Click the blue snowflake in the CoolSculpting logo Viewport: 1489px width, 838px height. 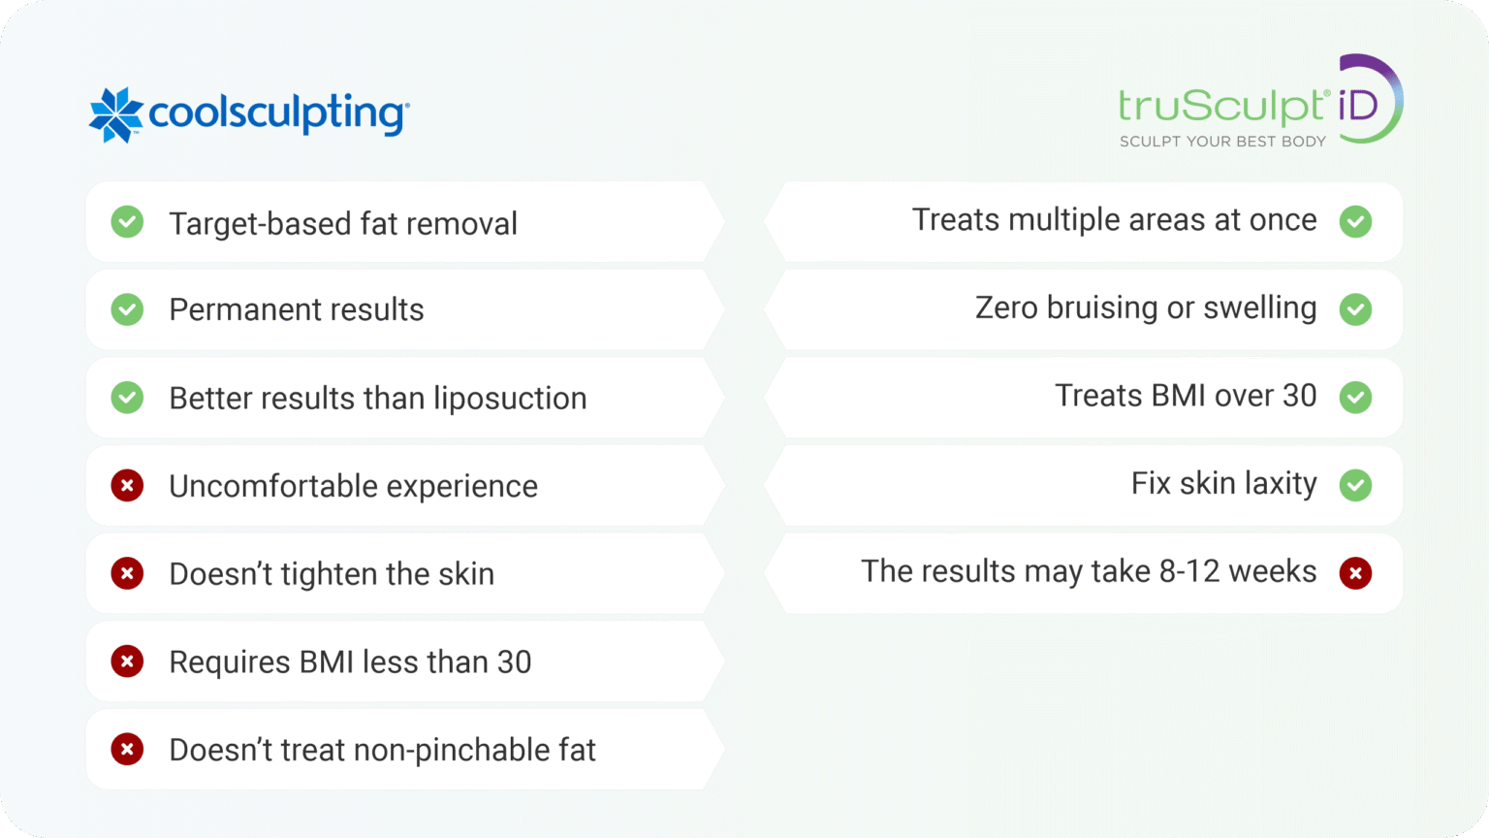click(116, 114)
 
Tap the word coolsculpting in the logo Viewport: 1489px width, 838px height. click(277, 114)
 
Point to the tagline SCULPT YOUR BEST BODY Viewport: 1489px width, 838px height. click(1222, 142)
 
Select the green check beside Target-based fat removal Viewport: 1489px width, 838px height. click(127, 222)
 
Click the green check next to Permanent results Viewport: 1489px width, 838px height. click(127, 310)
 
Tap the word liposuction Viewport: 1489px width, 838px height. click(510, 399)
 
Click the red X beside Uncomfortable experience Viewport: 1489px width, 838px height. click(127, 485)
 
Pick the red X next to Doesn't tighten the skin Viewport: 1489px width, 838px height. click(127, 573)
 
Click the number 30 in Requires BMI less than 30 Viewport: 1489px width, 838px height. click(514, 662)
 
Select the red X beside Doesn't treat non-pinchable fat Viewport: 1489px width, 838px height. click(127, 749)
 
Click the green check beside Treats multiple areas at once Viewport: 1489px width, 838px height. click(1355, 222)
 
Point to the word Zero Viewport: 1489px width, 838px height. click(1006, 308)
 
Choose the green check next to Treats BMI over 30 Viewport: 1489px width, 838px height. click(1355, 397)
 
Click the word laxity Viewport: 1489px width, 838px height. click(1281, 484)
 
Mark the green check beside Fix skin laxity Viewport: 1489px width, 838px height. click(1355, 485)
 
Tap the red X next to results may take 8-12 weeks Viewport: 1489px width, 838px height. click(1355, 573)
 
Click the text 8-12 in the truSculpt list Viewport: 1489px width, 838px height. click(1189, 571)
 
